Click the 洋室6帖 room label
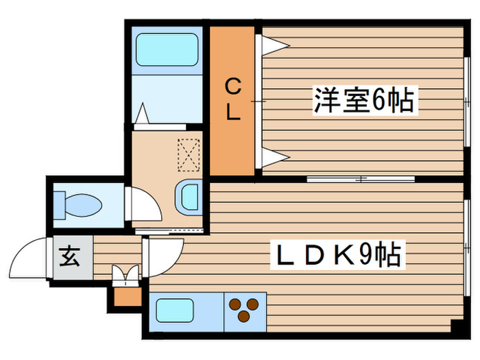point(363,101)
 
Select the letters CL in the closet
point(234,100)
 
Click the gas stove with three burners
point(244,310)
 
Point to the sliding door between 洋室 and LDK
point(361,179)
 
